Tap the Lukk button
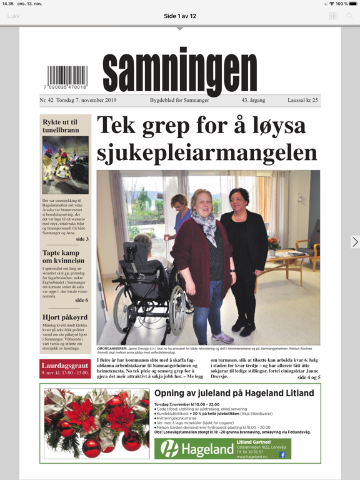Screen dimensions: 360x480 pyautogui.click(x=14, y=16)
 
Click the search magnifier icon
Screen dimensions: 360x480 pyautogui.click(x=350, y=16)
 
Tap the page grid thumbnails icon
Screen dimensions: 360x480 pyautogui.click(x=332, y=16)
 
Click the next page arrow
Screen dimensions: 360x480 pyautogui.click(x=354, y=242)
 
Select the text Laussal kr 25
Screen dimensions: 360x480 pyautogui.click(x=302, y=100)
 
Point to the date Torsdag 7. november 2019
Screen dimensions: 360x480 pyautogui.click(x=86, y=100)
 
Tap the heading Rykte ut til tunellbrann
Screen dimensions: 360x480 pyautogui.click(x=61, y=126)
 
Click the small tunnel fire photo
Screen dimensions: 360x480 pyautogui.click(x=66, y=165)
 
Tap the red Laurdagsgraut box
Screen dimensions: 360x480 pyautogui.click(x=65, y=369)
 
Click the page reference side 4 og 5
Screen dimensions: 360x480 pyautogui.click(x=309, y=377)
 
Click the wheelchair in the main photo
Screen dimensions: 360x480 pyautogui.click(x=147, y=294)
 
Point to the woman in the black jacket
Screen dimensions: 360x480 pyautogui.click(x=244, y=262)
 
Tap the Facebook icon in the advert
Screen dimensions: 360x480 pyautogui.click(x=282, y=455)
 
